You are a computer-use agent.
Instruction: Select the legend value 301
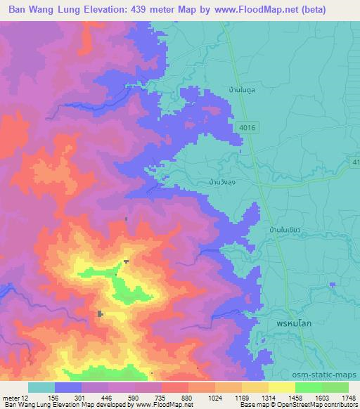[x=81, y=396]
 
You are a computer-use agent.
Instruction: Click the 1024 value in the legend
[x=215, y=396]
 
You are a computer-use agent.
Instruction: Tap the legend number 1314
[x=269, y=396]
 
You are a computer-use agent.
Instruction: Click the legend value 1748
[x=348, y=396]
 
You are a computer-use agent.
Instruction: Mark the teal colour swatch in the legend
[x=41, y=387]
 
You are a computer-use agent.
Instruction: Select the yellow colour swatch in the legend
[x=281, y=387]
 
